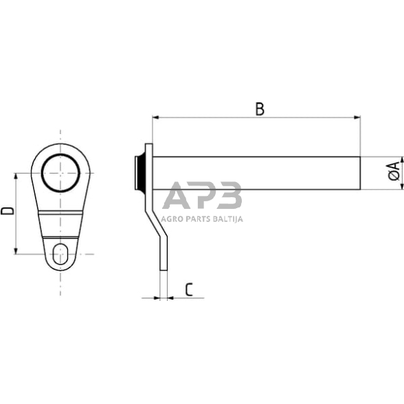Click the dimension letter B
tap(259, 109)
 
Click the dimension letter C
tap(188, 289)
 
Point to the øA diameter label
tap(394, 172)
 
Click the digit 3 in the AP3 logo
tap(229, 195)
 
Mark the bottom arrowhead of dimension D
tap(16, 251)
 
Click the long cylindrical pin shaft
tap(254, 175)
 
